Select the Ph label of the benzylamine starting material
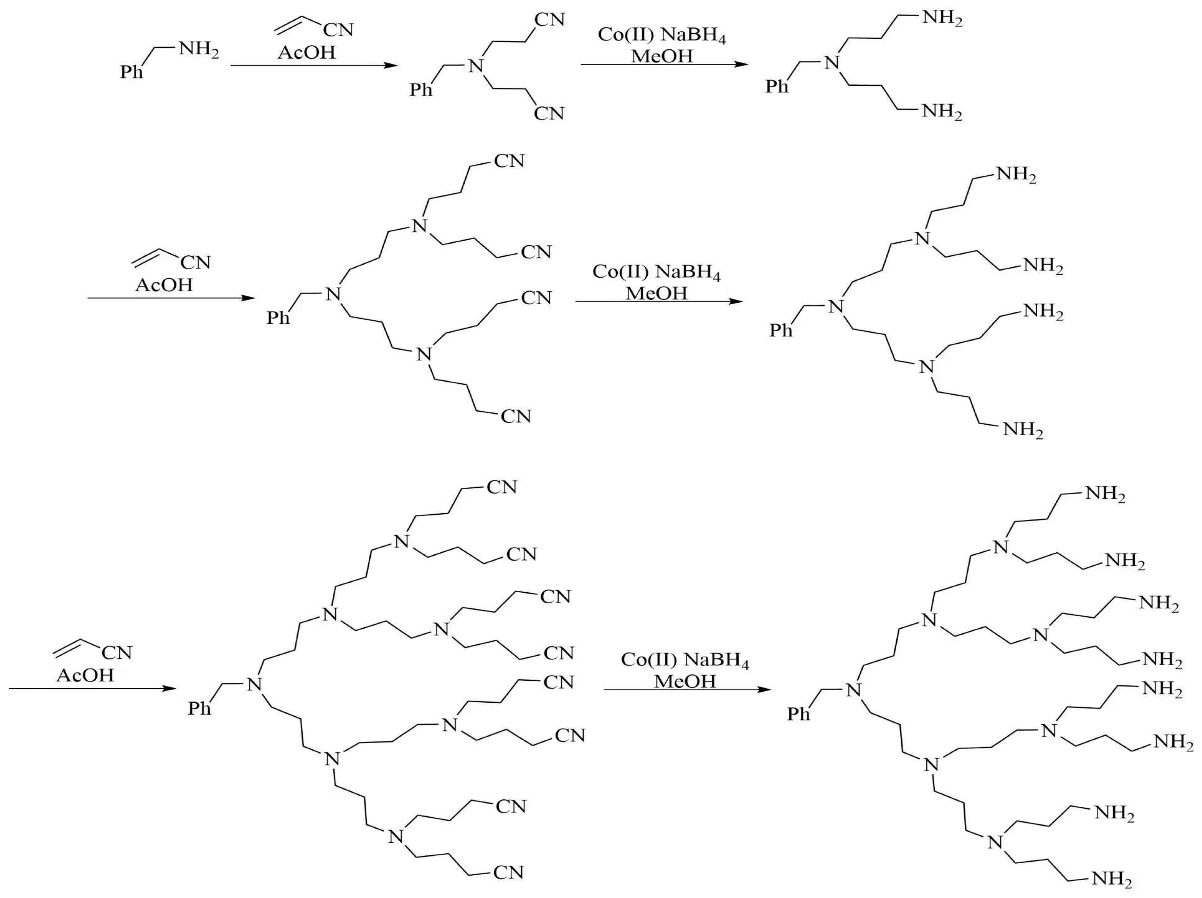132,71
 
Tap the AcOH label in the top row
306,53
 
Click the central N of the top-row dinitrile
476,66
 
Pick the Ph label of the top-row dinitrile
421,89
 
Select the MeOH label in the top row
662,56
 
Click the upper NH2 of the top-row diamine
942,18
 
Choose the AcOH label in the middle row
164,285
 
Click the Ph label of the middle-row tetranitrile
278,317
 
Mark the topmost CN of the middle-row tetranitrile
509,161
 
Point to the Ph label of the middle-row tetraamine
781,330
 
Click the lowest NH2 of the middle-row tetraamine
1023,430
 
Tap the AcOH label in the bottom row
85,675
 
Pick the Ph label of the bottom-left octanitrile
200,708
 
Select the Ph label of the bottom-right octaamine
799,714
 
